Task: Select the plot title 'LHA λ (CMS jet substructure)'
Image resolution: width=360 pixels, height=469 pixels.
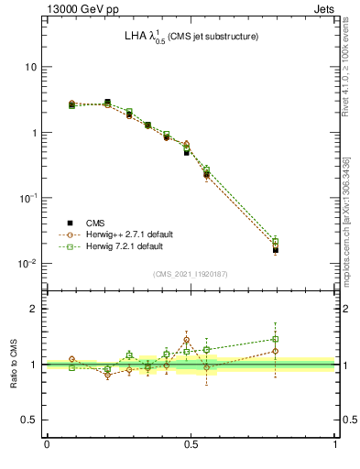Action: pyautogui.click(x=191, y=37)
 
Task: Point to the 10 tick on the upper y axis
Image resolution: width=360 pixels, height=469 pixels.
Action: pyautogui.click(x=31, y=67)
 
